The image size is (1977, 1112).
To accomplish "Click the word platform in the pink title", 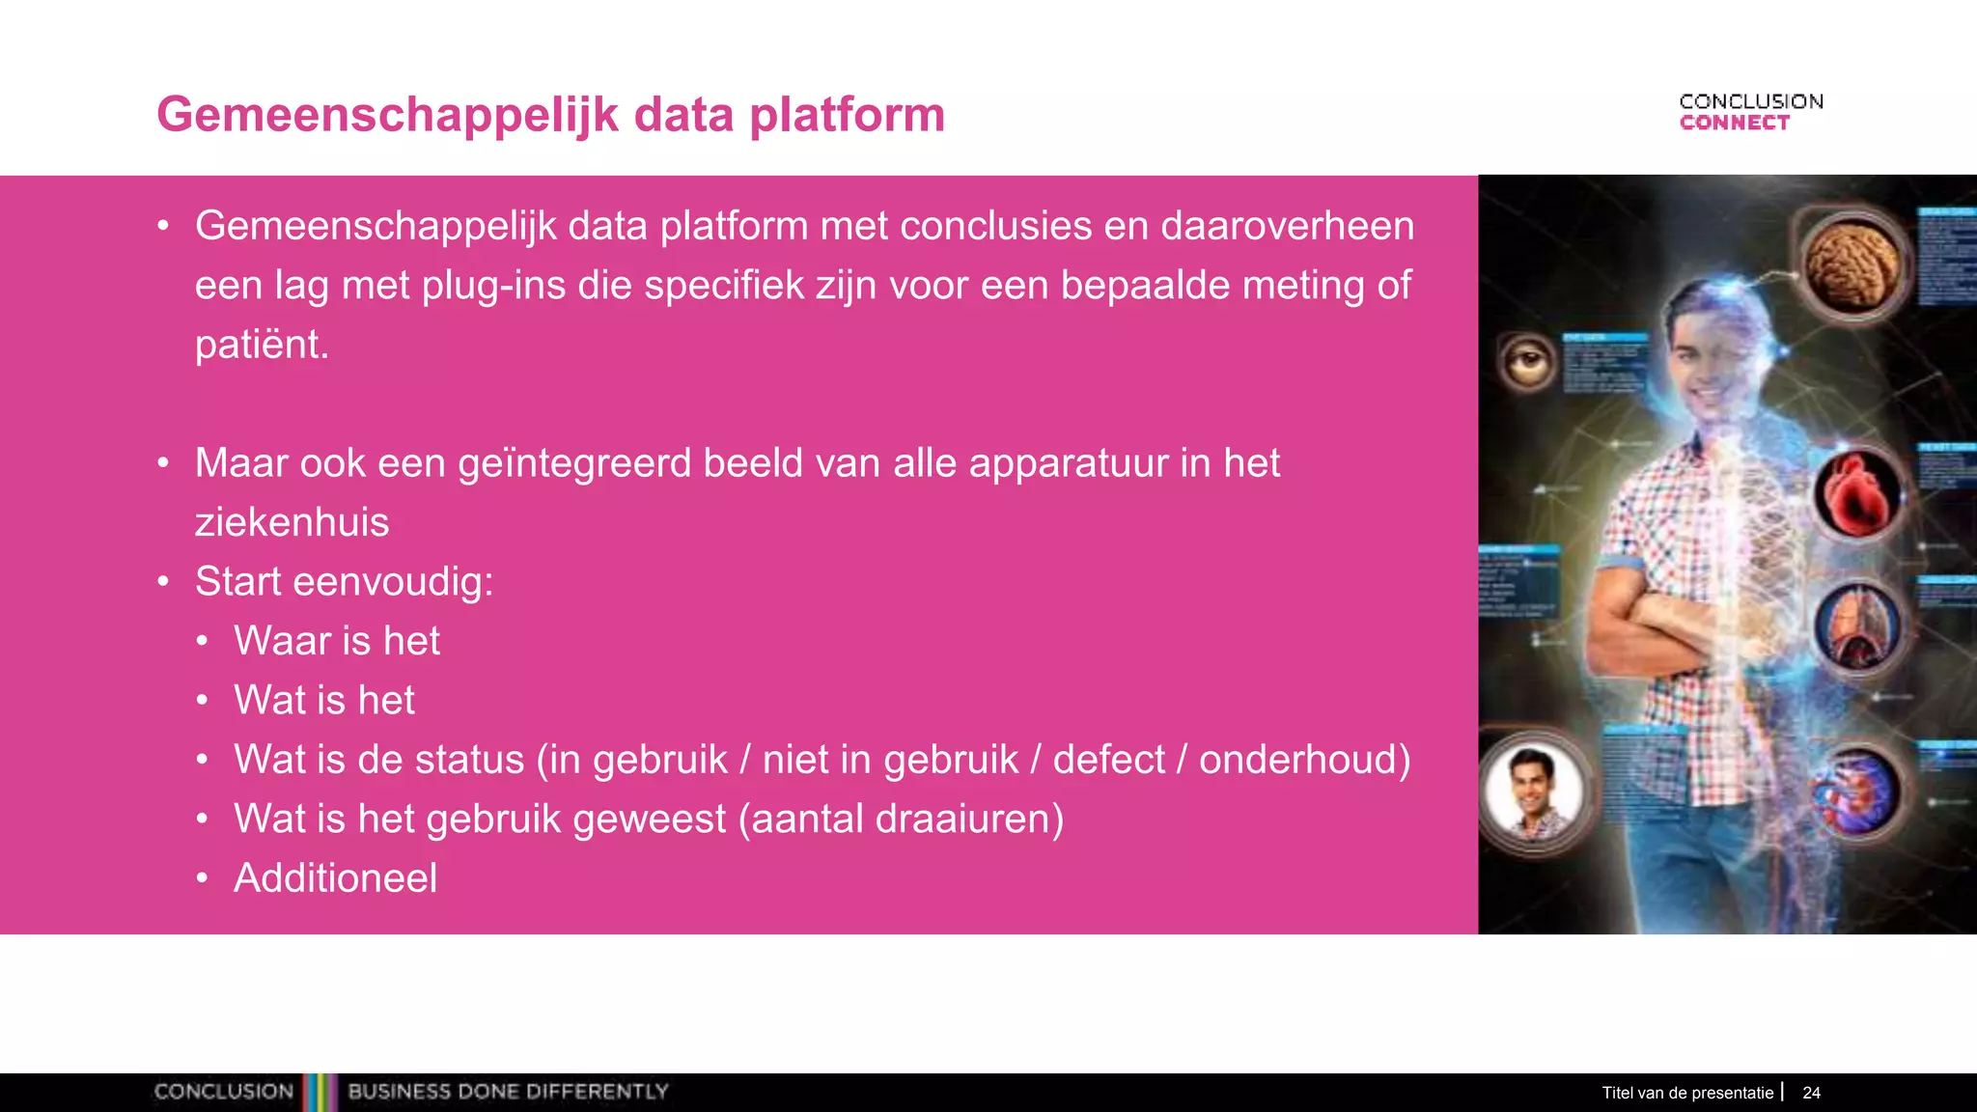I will (x=847, y=115).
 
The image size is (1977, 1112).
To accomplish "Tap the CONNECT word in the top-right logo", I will (x=1734, y=123).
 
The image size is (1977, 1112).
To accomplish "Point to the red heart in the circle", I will (x=1855, y=494).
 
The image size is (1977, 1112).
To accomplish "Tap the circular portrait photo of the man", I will (x=1534, y=792).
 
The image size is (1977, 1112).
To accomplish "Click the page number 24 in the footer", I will (x=1811, y=1093).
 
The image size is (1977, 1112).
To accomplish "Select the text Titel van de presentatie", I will (x=1687, y=1093).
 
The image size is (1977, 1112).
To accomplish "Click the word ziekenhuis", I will (x=292, y=522).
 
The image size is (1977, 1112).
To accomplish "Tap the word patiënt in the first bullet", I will (x=261, y=345).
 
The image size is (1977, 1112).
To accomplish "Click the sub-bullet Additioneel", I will (x=335, y=878).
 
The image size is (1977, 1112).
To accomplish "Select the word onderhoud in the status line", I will (x=1303, y=760).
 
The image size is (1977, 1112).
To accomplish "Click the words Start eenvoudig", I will (x=344, y=582).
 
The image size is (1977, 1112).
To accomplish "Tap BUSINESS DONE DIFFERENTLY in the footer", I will (x=508, y=1092).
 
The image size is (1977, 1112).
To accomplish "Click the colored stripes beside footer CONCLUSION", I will (x=320, y=1092).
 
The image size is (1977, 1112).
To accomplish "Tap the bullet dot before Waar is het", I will (x=202, y=641).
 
